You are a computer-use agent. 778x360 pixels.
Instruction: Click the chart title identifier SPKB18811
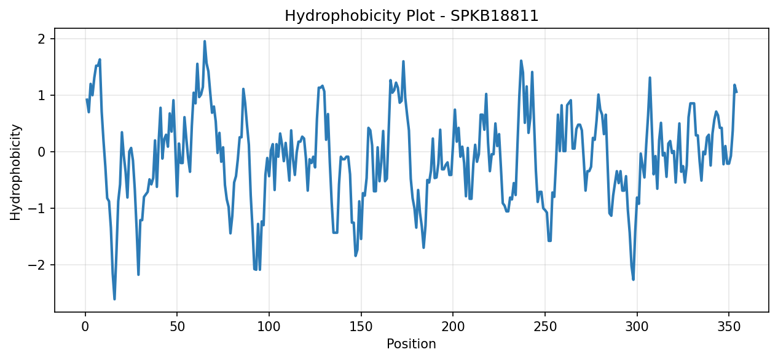494,16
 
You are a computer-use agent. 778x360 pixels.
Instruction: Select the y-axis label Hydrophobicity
15,173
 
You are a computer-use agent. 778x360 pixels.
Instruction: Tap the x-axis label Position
411,343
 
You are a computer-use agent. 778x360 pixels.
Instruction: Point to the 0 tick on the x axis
85,326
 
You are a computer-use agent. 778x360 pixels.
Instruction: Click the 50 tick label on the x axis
177,326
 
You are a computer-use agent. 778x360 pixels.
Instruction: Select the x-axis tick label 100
269,326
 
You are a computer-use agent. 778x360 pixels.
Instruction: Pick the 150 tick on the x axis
361,326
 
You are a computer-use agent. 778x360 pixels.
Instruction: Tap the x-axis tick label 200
453,326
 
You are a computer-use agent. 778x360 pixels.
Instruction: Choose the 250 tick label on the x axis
544,326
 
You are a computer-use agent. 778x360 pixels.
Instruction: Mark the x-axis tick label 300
637,326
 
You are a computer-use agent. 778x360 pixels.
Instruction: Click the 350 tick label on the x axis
729,326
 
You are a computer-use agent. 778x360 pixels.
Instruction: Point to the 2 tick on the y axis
42,39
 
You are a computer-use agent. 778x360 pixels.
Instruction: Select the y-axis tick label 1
42,95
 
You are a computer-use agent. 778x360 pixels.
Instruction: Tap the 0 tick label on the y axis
42,152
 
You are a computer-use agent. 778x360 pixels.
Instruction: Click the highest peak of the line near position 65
205,41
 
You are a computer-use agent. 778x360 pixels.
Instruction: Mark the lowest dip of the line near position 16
115,299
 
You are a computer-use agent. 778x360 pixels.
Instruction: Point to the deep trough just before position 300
633,280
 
